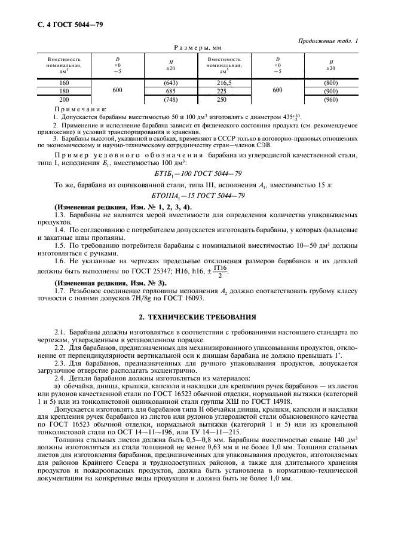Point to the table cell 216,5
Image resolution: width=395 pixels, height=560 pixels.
pos(224,82)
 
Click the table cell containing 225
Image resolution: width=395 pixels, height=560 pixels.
pos(224,91)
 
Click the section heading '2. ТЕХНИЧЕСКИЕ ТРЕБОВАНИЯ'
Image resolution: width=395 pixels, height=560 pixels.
pos(197,316)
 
